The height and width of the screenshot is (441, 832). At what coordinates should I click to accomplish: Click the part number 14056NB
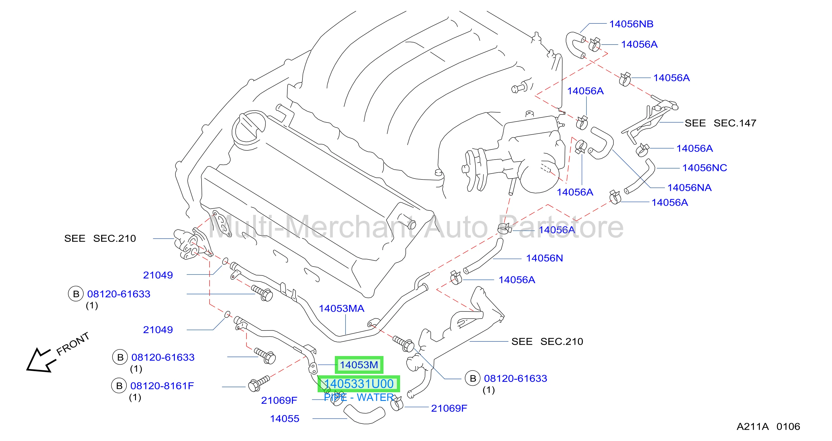[631, 24]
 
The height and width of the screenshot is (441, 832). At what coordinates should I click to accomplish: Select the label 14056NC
[704, 168]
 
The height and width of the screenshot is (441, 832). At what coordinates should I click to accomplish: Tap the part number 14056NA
[689, 188]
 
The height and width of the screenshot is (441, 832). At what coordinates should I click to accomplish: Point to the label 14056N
[544, 258]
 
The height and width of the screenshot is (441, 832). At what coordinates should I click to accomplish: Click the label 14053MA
[341, 308]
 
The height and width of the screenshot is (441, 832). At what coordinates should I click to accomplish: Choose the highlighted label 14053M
[359, 365]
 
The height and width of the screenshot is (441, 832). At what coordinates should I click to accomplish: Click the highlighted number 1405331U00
[359, 384]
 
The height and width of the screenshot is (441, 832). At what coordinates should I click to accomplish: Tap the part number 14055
[285, 419]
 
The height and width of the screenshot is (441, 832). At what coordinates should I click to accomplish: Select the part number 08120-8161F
[162, 386]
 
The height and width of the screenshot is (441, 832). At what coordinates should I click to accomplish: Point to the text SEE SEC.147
[720, 123]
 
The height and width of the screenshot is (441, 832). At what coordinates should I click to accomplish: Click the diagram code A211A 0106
[768, 426]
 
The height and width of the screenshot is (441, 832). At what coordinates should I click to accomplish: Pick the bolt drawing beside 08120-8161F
[259, 383]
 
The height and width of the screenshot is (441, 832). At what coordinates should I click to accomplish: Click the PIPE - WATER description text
[359, 397]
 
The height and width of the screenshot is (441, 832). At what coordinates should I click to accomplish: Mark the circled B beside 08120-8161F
[119, 386]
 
